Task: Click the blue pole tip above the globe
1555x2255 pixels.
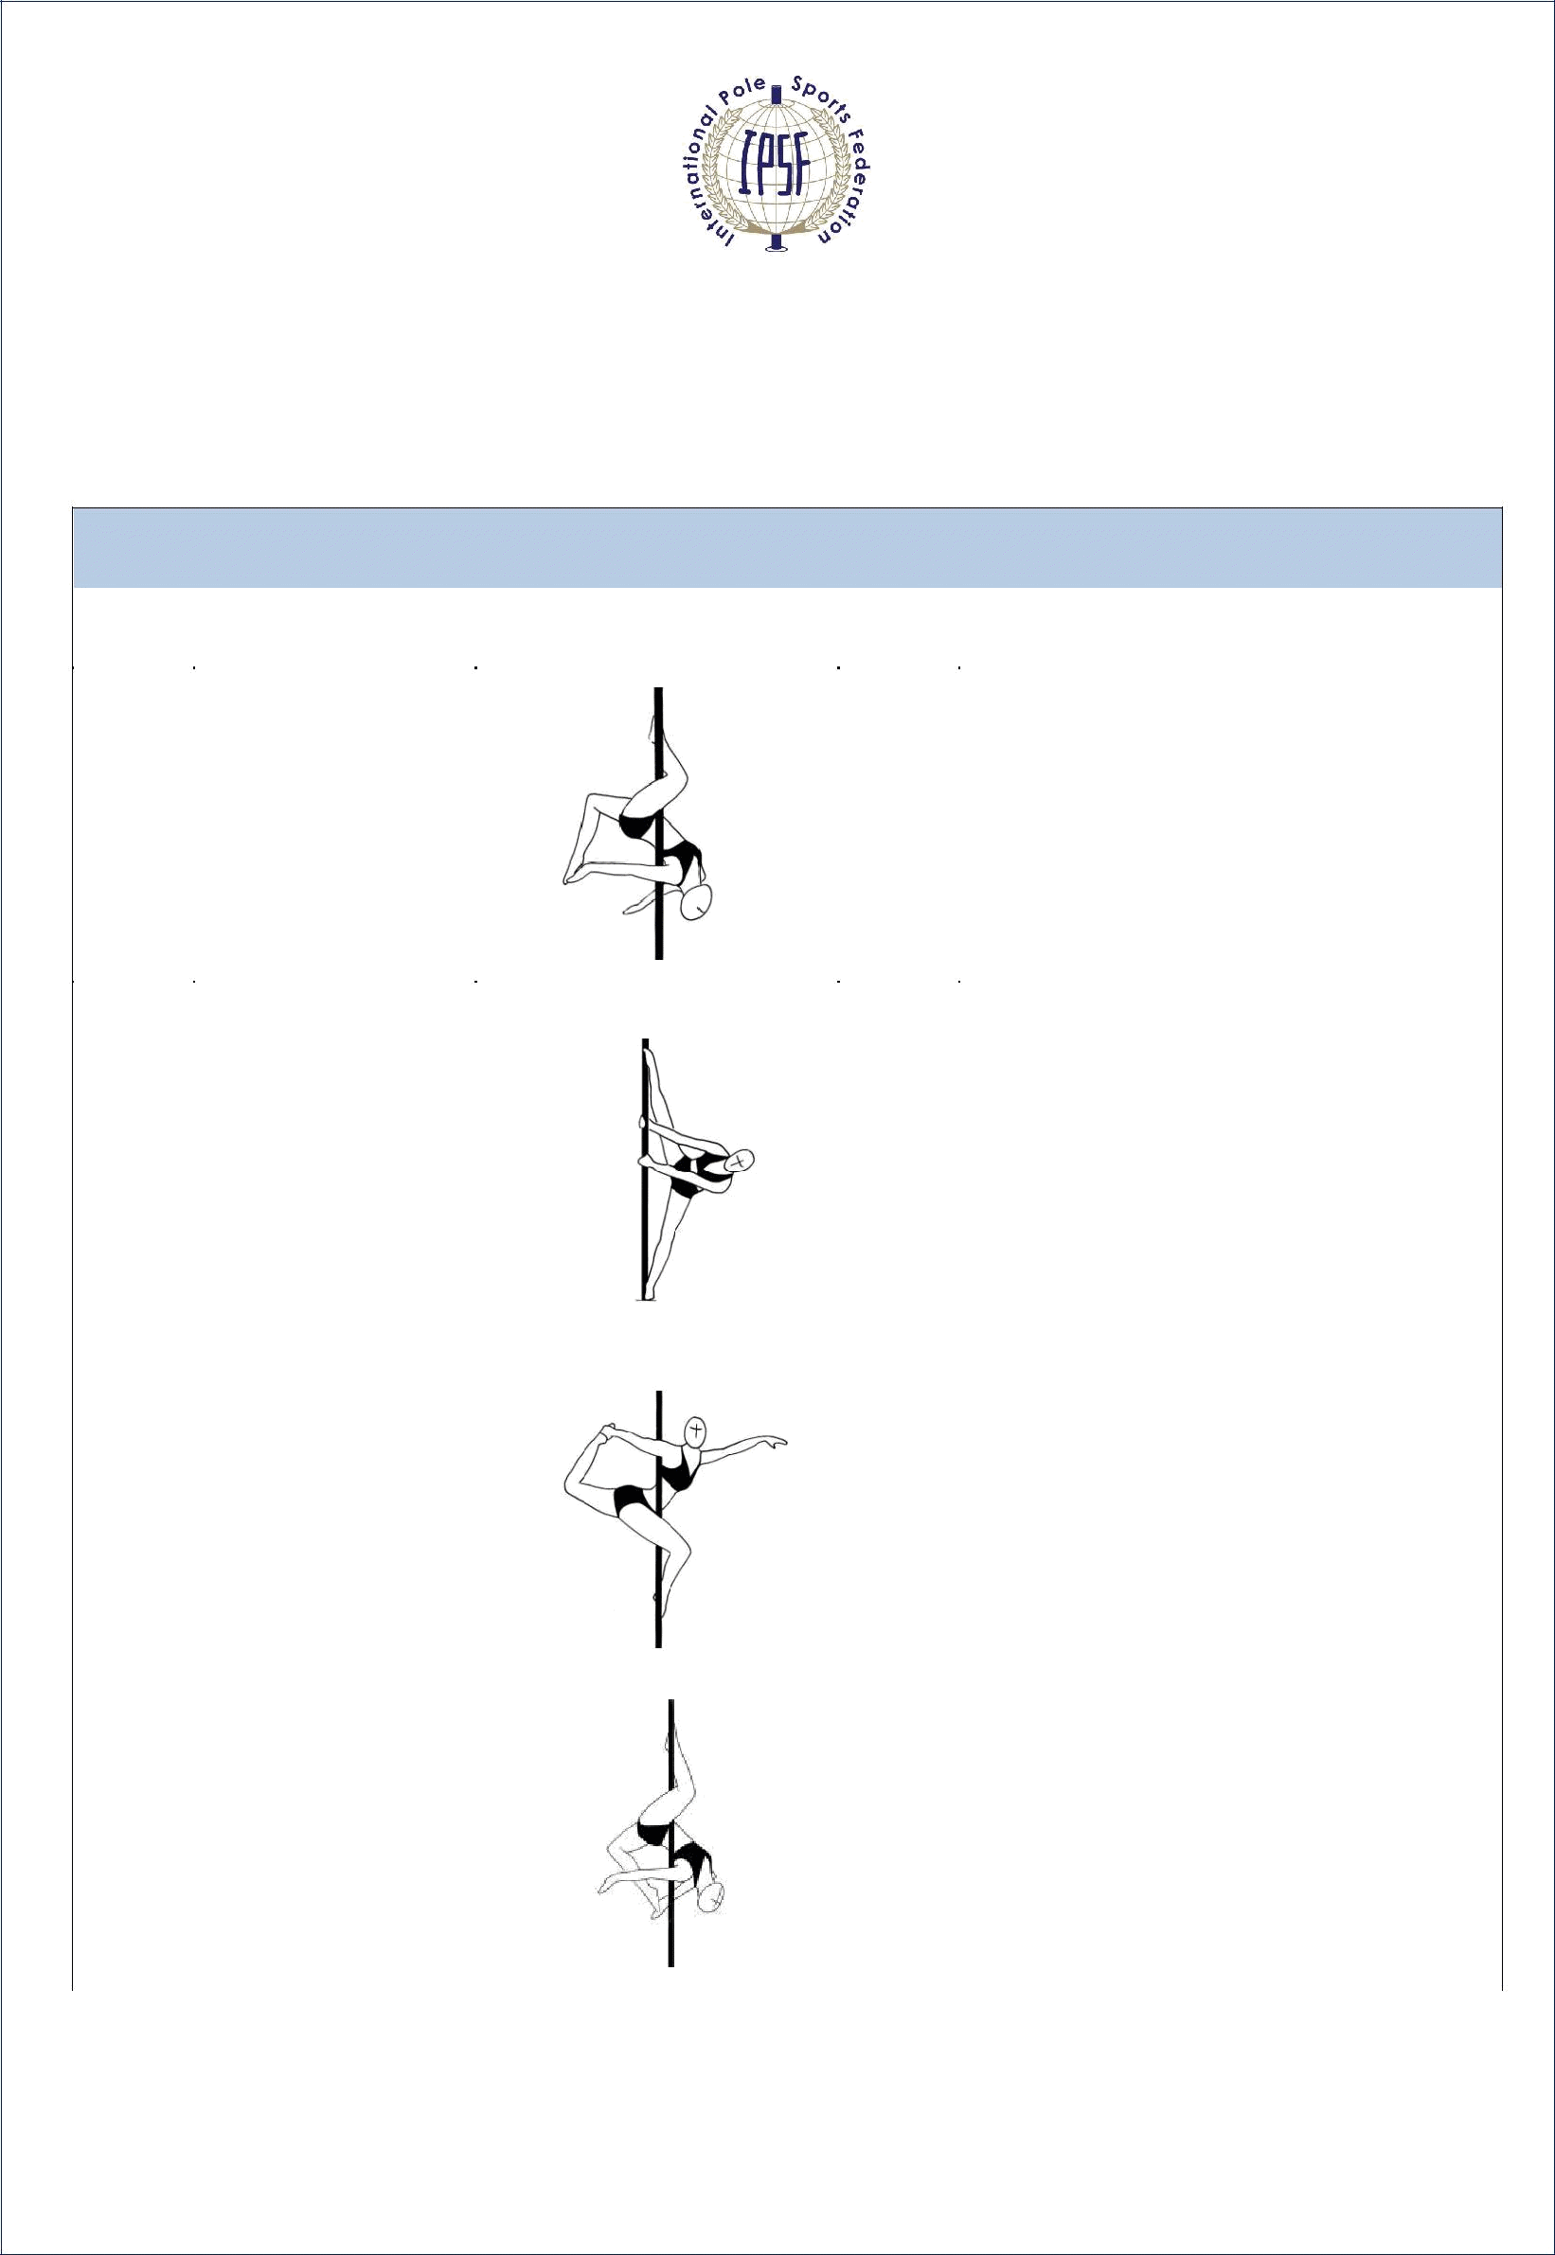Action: (777, 94)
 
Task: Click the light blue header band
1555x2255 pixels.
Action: (787, 547)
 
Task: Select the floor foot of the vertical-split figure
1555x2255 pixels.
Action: (644, 1292)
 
